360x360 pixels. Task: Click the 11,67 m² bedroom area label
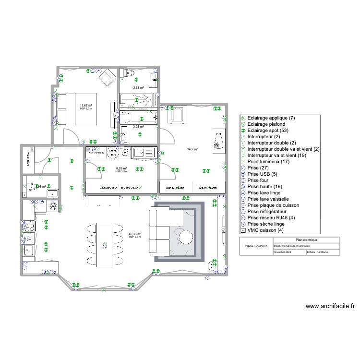(x=86, y=106)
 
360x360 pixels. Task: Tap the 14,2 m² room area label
(x=193, y=149)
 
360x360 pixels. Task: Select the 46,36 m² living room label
(x=135, y=235)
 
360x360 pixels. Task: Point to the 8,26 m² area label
(x=121, y=168)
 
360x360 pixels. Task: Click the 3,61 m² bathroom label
(x=139, y=88)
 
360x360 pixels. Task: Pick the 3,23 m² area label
(x=139, y=126)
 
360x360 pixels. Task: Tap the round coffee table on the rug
(x=185, y=236)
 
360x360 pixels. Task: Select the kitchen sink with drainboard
(x=144, y=153)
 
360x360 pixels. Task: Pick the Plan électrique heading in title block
(x=305, y=240)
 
